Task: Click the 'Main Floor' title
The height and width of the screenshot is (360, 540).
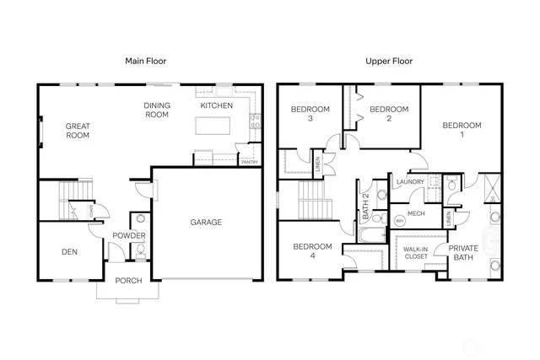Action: (145, 62)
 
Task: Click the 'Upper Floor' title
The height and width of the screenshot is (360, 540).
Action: (387, 62)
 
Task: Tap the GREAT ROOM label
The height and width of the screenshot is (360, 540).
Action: (78, 131)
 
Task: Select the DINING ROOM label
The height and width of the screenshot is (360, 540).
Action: (157, 110)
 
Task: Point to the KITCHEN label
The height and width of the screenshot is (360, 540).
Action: (216, 106)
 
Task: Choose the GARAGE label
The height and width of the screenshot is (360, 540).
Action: (205, 223)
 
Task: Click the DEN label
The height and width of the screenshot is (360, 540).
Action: (69, 251)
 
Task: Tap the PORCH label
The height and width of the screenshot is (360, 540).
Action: (128, 282)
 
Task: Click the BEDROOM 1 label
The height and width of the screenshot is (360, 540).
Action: (462, 130)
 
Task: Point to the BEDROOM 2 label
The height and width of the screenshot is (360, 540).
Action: (389, 114)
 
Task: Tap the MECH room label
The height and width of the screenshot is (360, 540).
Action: (416, 213)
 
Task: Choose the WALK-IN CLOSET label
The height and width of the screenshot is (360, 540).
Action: (415, 253)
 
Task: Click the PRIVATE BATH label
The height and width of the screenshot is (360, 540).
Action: (463, 253)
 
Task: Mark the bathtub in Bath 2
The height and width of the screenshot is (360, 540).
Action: (370, 229)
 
